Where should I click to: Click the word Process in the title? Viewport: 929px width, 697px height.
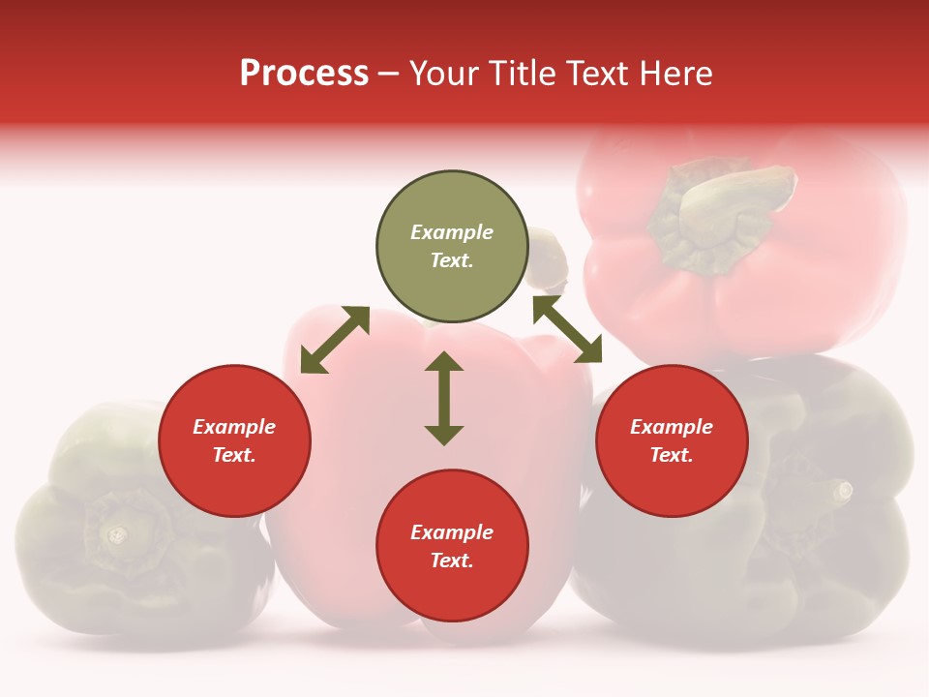[x=304, y=74]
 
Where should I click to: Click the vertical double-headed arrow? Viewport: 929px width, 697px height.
[x=444, y=398]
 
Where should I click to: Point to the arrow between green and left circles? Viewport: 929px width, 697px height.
[x=335, y=340]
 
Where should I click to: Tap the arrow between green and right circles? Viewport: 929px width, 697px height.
[x=567, y=329]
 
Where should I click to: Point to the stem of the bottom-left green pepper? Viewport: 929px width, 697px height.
[x=117, y=533]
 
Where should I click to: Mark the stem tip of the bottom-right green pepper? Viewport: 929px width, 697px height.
[x=844, y=491]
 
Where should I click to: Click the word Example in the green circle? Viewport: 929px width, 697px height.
[x=452, y=232]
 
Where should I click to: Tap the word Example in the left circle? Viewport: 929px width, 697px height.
[x=234, y=427]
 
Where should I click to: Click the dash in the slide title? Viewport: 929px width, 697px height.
[x=389, y=74]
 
